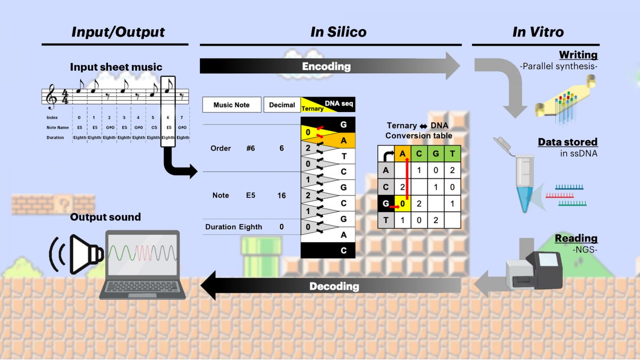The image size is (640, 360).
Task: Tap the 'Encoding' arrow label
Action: click(326, 67)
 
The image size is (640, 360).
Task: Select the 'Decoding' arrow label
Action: click(334, 286)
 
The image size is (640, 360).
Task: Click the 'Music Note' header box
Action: click(232, 105)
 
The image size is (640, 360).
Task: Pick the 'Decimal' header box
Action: click(282, 105)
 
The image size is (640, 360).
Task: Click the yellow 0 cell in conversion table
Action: click(402, 204)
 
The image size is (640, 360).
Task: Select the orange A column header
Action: click(402, 153)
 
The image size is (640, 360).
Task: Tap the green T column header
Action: click(452, 153)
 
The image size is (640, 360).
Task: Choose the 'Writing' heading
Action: click(578, 55)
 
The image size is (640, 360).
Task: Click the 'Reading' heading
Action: click(576, 238)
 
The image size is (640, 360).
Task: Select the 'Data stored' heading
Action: click(568, 142)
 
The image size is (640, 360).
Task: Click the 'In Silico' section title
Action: click(338, 32)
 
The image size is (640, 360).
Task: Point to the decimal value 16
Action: click(281, 195)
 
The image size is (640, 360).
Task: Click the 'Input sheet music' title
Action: click(116, 67)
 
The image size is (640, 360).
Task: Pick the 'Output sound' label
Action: click(105, 217)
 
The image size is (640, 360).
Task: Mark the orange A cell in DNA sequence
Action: click(343, 141)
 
